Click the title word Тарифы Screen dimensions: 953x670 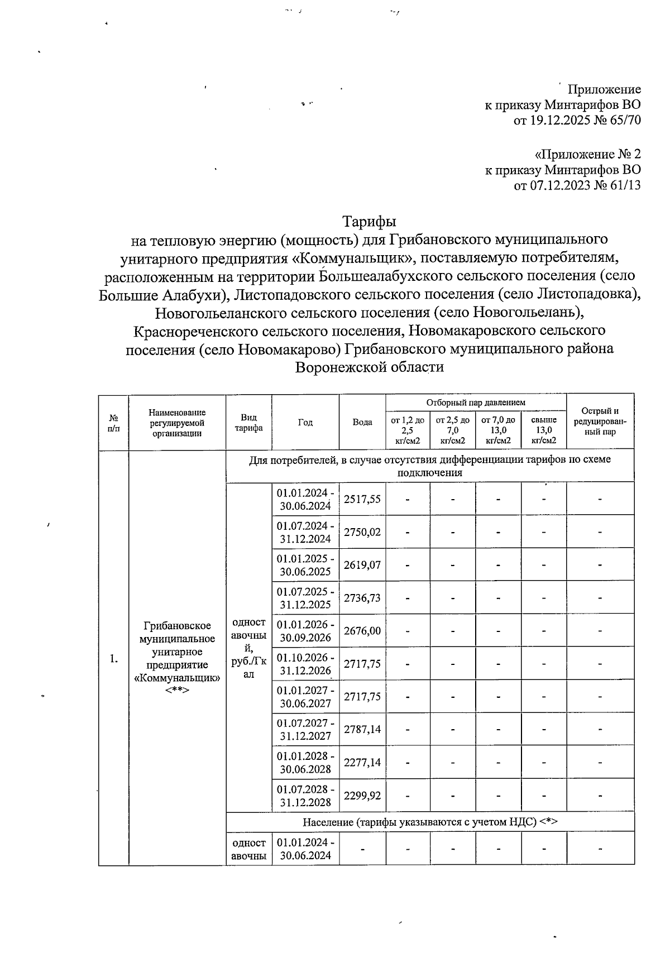point(369,221)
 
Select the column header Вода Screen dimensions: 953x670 point(362,422)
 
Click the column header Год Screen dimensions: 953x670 point(305,422)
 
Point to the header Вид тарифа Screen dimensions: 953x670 point(248,423)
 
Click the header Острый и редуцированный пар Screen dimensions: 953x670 point(600,422)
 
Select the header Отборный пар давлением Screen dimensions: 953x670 point(476,403)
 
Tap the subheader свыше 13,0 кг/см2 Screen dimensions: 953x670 point(543,430)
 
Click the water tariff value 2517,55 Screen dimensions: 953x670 point(362,499)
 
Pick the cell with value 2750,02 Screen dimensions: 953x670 point(362,532)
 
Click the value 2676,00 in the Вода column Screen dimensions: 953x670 point(362,630)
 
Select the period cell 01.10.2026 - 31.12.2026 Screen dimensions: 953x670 point(305,664)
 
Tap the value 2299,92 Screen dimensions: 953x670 point(362,795)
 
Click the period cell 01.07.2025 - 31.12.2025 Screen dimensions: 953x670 point(305,598)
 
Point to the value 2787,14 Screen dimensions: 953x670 point(362,729)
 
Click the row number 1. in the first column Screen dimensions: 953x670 point(114,659)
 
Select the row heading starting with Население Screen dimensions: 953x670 point(430,822)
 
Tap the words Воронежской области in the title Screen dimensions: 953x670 point(369,367)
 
